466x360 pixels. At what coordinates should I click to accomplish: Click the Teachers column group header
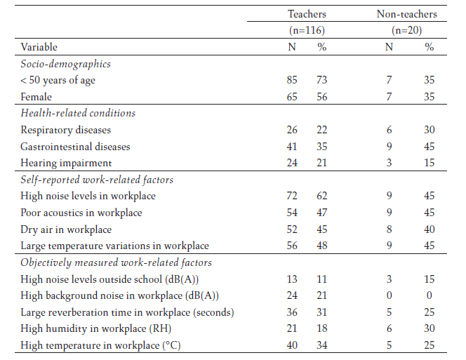307,14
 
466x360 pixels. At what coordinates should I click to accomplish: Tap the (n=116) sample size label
307,30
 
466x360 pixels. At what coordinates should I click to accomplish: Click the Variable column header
39,47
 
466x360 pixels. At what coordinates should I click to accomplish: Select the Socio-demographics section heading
66,64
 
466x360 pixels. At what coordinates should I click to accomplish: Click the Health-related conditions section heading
78,113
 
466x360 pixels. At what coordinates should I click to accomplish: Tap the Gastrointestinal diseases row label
76,147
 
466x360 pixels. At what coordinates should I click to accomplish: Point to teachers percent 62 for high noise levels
321,196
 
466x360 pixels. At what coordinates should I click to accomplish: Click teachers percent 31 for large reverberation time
321,312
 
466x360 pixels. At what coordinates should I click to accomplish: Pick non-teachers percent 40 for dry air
429,229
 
